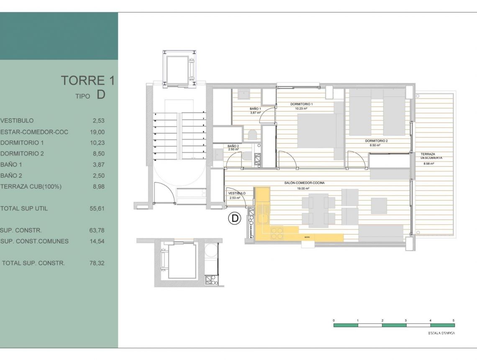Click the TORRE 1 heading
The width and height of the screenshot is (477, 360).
point(87,80)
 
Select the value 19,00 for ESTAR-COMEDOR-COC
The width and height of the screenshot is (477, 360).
point(97,132)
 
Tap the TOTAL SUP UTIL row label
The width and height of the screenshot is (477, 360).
point(24,208)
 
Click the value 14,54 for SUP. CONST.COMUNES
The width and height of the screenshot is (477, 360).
point(97,241)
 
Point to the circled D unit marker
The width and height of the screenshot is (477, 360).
point(235,218)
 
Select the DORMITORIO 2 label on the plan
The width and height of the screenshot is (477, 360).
point(376,141)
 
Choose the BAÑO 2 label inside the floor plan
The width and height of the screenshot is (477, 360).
point(233,146)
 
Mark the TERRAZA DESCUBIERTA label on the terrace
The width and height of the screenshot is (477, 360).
point(431,156)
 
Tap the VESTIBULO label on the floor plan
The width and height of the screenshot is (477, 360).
point(237,193)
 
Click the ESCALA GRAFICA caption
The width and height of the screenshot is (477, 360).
point(441,333)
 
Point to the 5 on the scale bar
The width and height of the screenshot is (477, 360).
point(454,320)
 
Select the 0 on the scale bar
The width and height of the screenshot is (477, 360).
point(334,320)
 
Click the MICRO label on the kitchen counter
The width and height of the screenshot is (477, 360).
point(307,237)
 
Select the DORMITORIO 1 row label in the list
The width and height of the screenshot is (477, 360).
point(22,143)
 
